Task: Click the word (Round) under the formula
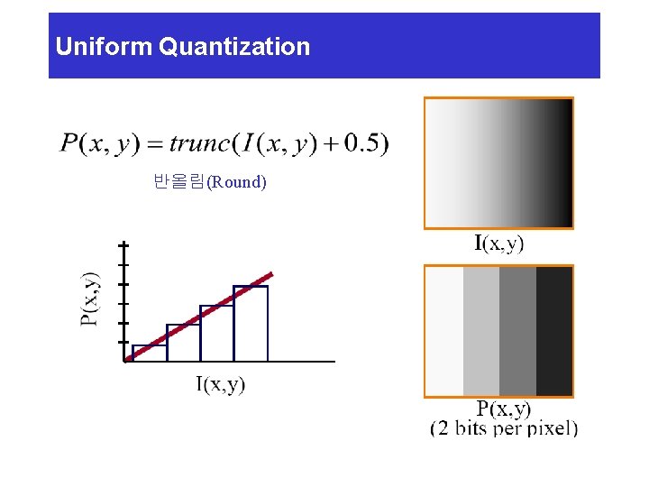(237, 182)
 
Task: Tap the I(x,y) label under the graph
(221, 385)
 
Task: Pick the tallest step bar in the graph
(251, 323)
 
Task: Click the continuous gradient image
(498, 162)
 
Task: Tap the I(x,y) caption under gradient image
(499, 243)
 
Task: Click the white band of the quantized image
(444, 331)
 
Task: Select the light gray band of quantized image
(480, 331)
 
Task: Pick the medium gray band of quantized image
(517, 331)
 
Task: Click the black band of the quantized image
(553, 331)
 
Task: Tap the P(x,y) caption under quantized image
(504, 409)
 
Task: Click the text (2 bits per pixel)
(504, 428)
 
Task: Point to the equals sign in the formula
(151, 143)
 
